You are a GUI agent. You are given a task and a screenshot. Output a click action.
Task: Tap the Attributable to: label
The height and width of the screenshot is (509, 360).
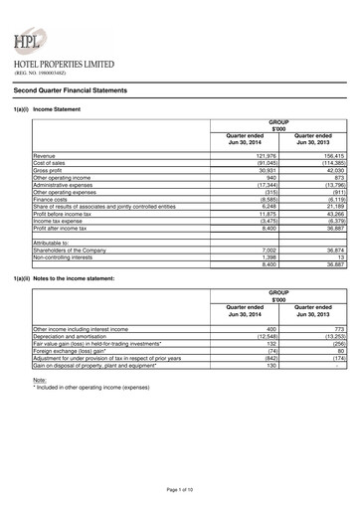click(x=53, y=242)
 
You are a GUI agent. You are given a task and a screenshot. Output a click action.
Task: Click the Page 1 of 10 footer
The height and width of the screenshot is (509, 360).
click(x=179, y=491)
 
